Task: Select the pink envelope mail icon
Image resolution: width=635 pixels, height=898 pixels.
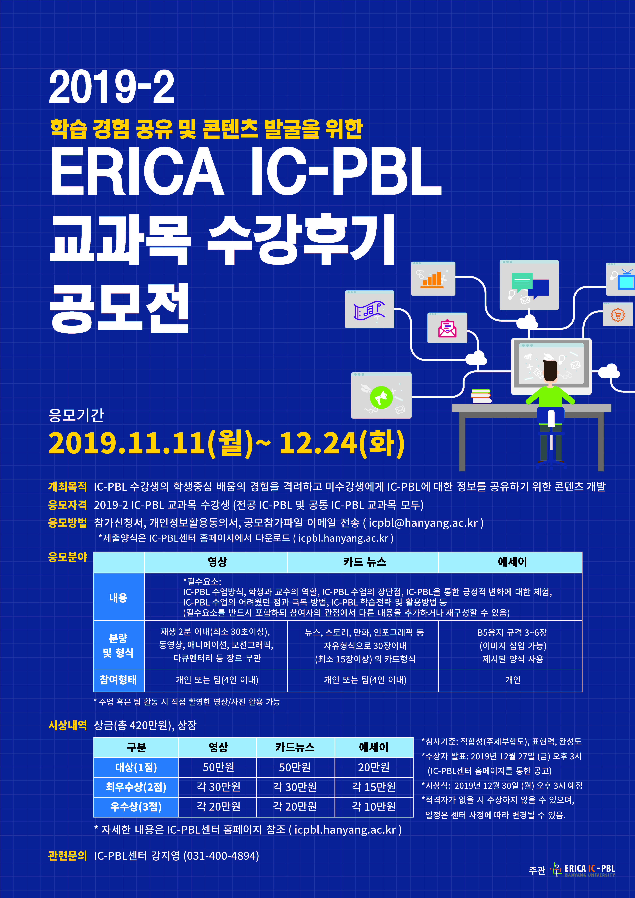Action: (x=447, y=328)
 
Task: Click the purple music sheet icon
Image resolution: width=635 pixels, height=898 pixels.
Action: (x=369, y=311)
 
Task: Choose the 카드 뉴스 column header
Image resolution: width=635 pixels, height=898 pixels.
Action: (x=365, y=562)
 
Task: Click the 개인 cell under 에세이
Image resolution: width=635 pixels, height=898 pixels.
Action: (x=512, y=680)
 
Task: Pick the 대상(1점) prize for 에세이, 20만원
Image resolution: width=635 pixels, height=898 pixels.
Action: (x=374, y=767)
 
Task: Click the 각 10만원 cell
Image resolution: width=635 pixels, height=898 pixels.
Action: (x=374, y=806)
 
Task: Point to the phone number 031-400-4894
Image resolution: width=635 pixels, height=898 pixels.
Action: (x=221, y=856)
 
